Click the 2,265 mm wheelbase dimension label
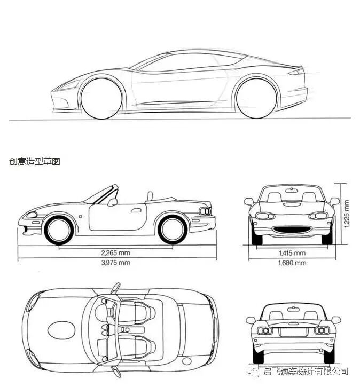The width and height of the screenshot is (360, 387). click(116, 252)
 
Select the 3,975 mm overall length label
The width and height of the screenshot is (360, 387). click(116, 263)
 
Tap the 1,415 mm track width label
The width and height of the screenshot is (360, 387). click(292, 252)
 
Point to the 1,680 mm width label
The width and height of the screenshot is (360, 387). click(292, 263)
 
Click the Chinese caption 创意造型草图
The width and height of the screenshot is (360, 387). click(35, 161)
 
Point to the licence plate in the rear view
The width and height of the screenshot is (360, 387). click(292, 331)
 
